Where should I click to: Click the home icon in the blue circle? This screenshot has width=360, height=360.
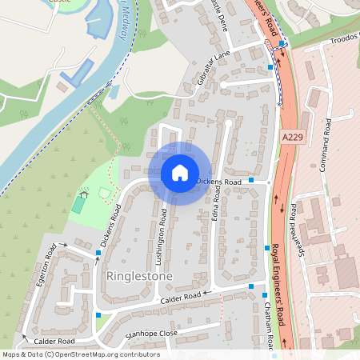coord(180,172)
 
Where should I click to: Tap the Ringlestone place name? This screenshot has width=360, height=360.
coord(138,276)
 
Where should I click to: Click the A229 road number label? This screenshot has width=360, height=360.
coord(293,138)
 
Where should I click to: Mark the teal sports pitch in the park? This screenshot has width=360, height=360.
coord(78,206)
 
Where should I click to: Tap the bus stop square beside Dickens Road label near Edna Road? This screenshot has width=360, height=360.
coord(252,181)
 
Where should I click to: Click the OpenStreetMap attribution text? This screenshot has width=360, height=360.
coord(80,354)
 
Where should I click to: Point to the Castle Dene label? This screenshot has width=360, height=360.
coord(218,14)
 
